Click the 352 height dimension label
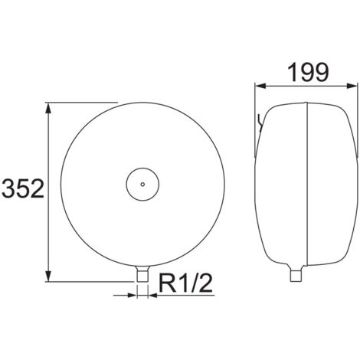pyautogui.click(x=23, y=188)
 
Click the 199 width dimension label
pyautogui.click(x=308, y=72)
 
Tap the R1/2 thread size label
pyautogui.click(x=185, y=283)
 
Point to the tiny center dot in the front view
pyautogui.click(x=142, y=184)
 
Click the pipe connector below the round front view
pyautogui.click(x=142, y=273)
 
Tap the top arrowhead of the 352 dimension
pyautogui.click(x=48, y=107)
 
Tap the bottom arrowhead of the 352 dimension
pyautogui.click(x=48, y=277)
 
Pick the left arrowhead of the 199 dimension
pyautogui.click(x=260, y=86)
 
